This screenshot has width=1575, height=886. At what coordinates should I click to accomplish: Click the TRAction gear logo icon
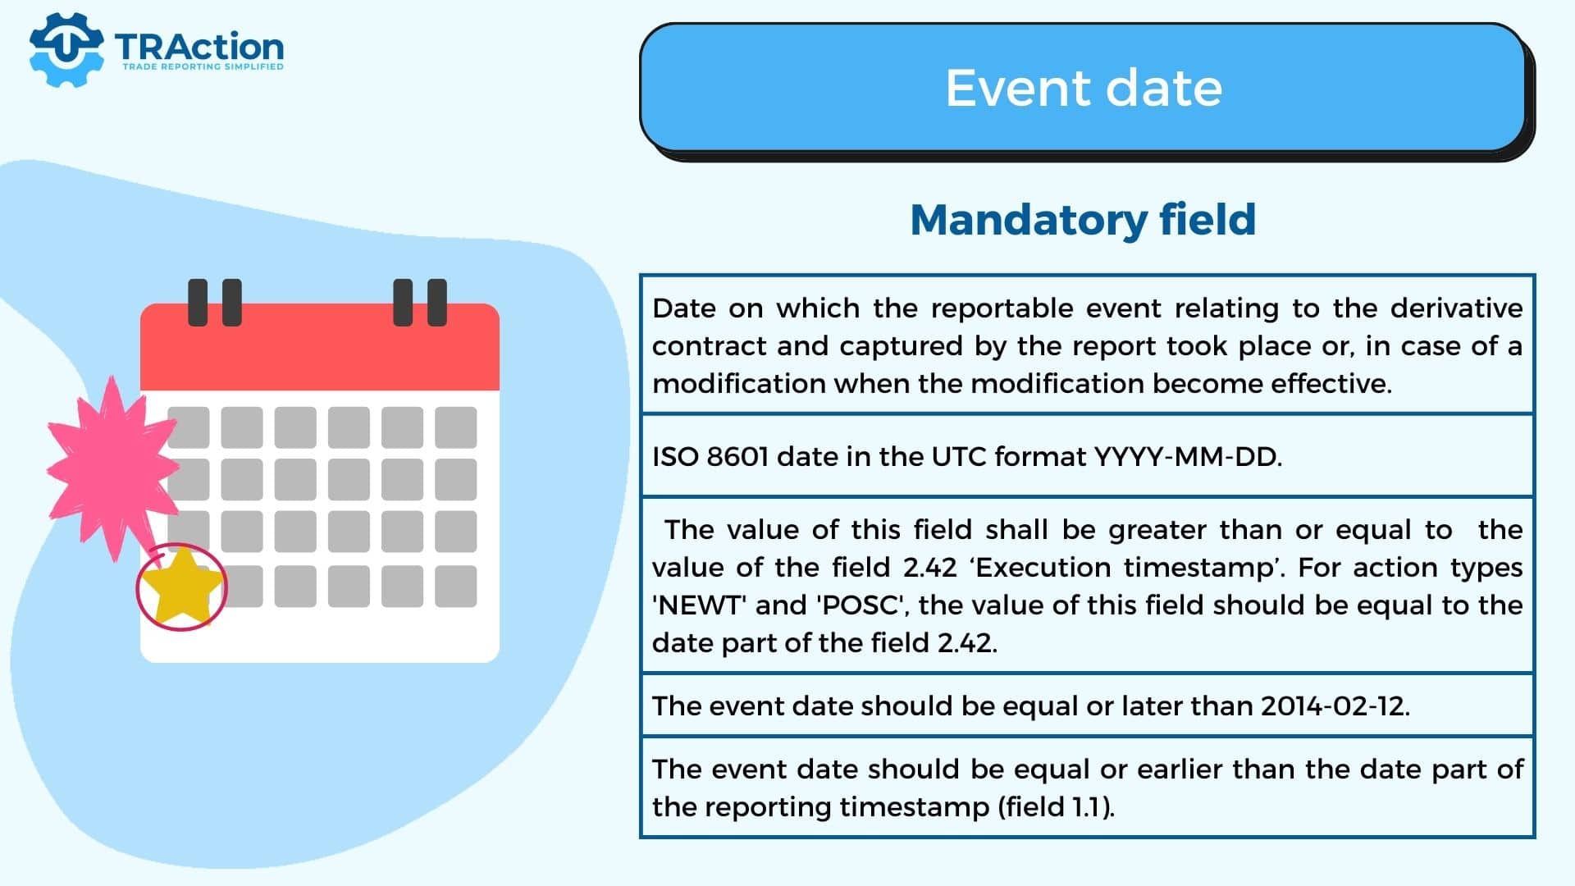(x=66, y=49)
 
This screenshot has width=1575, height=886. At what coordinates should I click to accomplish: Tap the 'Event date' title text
(x=1084, y=87)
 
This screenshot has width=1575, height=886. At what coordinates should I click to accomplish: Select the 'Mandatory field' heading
(x=1083, y=219)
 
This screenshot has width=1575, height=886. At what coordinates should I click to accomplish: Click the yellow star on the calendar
(x=181, y=586)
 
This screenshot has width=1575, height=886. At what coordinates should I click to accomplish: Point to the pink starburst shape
(x=111, y=468)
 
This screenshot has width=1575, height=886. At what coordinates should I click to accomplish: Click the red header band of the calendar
(x=320, y=347)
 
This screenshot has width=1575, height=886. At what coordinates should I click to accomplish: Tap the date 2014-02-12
(x=1334, y=706)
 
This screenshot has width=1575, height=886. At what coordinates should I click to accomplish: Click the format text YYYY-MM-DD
(x=1187, y=456)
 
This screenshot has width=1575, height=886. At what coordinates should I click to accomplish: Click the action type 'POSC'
(x=861, y=605)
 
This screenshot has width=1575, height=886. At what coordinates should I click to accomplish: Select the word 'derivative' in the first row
(x=1457, y=308)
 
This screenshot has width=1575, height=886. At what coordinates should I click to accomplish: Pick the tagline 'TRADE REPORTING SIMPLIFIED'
(x=203, y=66)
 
